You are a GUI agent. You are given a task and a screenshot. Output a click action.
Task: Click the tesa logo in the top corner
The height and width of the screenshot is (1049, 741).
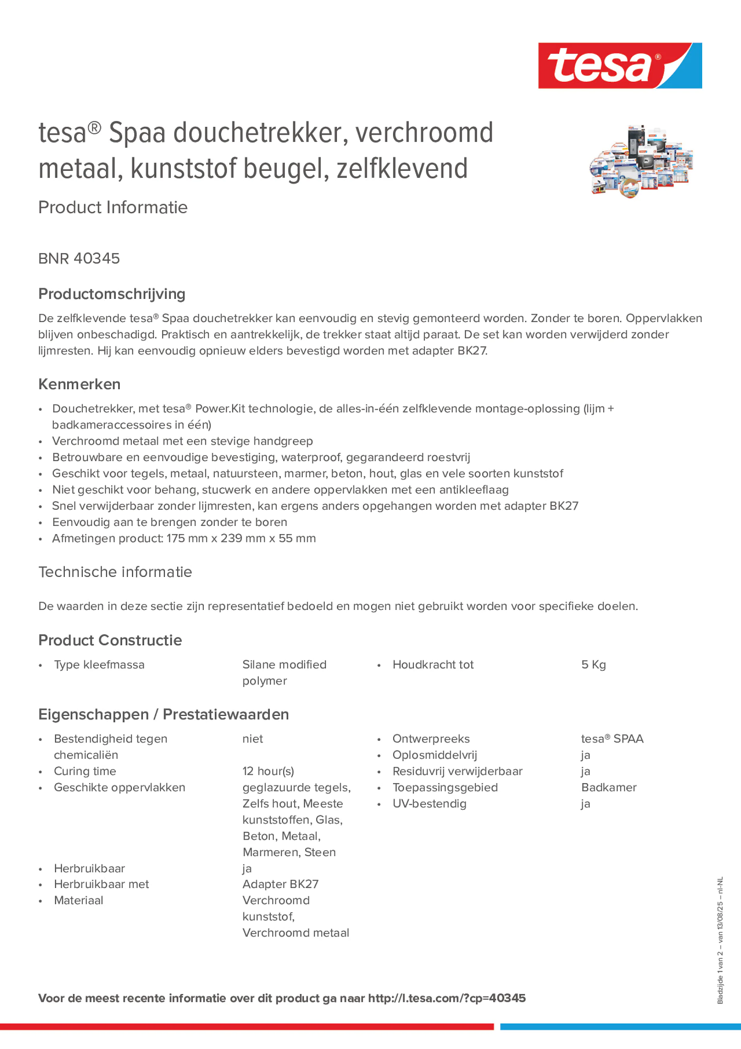point(620,65)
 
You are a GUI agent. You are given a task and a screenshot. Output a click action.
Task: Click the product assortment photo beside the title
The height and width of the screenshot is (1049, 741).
point(640,162)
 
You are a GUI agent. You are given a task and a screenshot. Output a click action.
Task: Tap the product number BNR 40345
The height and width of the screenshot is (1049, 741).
point(79,258)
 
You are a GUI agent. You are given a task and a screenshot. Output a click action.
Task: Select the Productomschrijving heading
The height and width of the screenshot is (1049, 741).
point(112,294)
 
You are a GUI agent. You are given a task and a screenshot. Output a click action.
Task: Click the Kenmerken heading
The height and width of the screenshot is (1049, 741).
point(79,384)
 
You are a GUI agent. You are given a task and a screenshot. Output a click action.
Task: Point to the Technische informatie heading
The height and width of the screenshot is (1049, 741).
point(115,572)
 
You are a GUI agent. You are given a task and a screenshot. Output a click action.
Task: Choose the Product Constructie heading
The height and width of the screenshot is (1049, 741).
point(110,640)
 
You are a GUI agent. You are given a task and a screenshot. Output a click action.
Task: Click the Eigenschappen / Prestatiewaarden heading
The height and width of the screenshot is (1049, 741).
point(163,714)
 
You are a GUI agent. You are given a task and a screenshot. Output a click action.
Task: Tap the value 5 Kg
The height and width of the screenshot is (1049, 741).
point(593,665)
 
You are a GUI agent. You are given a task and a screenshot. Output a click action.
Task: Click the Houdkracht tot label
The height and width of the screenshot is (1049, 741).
point(433,665)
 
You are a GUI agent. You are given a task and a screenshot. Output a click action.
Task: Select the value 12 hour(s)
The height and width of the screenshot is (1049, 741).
point(268,771)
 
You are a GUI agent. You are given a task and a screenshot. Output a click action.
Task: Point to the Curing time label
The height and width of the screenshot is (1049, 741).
point(85,771)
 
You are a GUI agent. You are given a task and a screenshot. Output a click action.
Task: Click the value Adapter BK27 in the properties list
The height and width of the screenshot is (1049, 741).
point(280,884)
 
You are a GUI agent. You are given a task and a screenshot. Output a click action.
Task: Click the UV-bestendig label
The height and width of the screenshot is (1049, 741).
point(430,804)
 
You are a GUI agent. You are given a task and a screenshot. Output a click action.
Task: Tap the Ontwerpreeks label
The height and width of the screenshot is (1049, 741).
point(431,739)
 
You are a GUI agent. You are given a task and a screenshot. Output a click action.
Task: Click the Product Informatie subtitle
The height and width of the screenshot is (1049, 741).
point(113,207)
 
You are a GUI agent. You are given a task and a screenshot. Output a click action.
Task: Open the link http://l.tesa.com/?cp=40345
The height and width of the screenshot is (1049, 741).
point(447,998)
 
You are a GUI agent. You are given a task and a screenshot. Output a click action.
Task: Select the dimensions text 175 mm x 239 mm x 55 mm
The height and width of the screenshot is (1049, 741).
point(241,538)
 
